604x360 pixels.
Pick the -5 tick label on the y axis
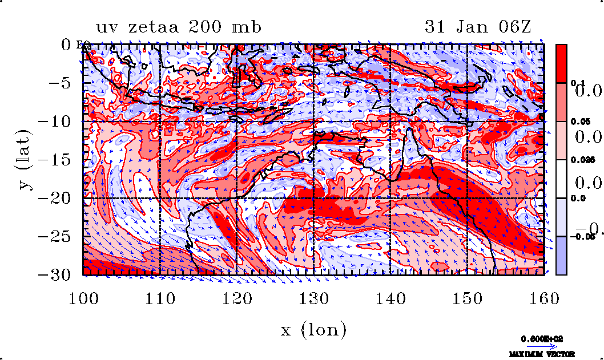click(61, 83)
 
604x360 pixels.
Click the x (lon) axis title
click(313, 329)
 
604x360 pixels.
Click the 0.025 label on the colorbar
click(579, 160)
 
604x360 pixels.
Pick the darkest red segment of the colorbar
click(561, 63)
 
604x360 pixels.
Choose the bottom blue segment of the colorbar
click(561, 256)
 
